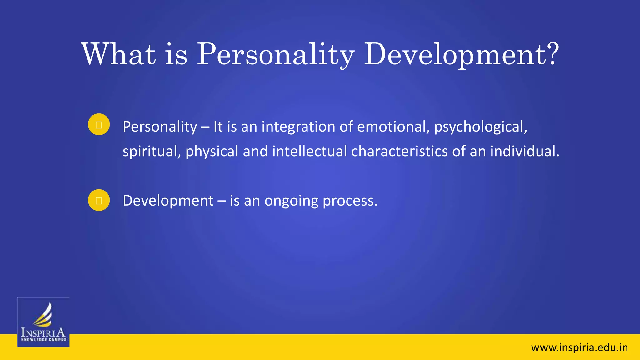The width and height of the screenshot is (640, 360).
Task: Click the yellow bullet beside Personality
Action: (99, 124)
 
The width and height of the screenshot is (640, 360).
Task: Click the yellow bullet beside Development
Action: (99, 200)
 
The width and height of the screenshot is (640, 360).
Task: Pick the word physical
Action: (212, 151)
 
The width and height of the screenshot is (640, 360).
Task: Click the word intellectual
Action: (309, 151)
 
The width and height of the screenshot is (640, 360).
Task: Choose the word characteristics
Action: (399, 151)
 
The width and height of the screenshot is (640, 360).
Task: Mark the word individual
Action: (524, 151)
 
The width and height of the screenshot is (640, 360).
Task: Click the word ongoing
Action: (291, 201)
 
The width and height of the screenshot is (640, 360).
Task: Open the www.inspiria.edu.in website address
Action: (579, 347)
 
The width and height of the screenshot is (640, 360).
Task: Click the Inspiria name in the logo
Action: (43, 332)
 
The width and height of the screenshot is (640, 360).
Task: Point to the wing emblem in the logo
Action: (43, 315)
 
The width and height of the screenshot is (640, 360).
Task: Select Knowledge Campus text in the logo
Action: (43, 340)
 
